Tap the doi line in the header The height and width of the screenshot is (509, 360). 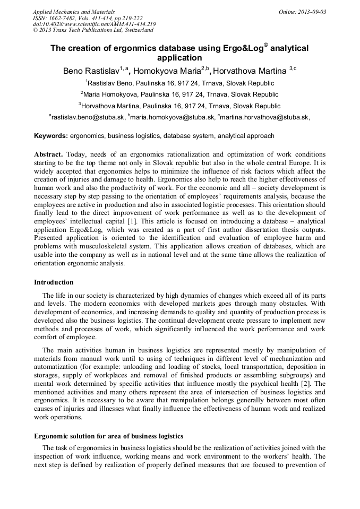click(95, 24)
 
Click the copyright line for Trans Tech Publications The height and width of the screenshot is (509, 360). click(93, 30)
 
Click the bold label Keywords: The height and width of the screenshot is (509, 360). click(51, 136)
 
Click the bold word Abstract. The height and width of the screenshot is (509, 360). click(48, 154)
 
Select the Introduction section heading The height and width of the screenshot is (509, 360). click(54, 282)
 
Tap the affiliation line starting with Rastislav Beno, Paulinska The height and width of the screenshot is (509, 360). click(181, 83)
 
